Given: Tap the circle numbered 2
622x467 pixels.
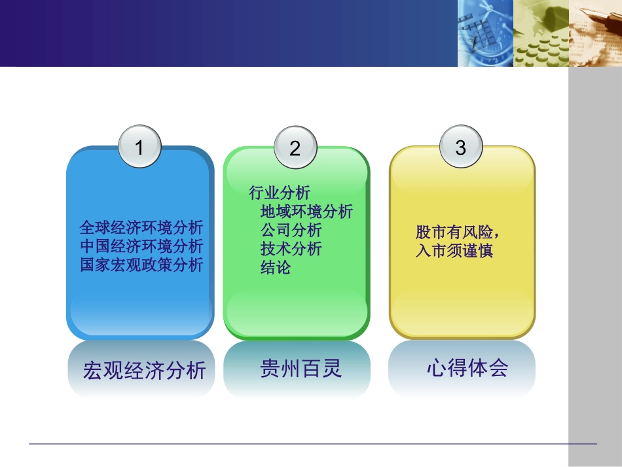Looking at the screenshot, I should tap(295, 148).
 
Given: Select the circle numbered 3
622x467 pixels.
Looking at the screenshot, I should tap(461, 147).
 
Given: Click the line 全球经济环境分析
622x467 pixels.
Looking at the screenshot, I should tap(141, 228).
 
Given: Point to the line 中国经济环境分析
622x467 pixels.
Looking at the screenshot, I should tap(141, 246).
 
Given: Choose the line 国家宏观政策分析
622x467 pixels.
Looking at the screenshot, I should tap(141, 265).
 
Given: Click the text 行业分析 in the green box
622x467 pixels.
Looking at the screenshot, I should tap(280, 193).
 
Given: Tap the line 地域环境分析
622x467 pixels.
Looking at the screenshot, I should tap(306, 211).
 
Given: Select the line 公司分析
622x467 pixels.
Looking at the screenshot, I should tap(291, 230).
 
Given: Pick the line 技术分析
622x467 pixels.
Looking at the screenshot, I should tap(291, 249).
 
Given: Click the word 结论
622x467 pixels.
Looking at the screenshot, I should tap(276, 267).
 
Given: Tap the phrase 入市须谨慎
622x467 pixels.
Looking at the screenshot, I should tap(454, 251).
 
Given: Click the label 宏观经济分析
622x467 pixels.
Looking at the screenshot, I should tap(144, 371).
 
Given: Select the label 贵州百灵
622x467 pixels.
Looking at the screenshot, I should tap(301, 369).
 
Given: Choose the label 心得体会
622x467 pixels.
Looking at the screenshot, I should tap(467, 368).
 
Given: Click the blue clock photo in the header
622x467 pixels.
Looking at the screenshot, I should tap(485, 33).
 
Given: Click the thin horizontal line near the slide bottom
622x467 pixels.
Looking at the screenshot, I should tap(312, 444).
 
